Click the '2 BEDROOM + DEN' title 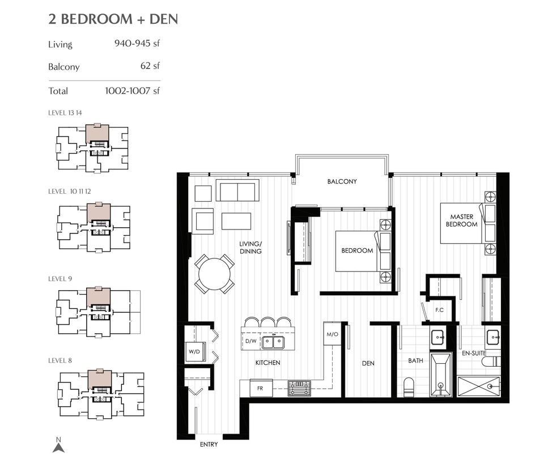pyautogui.click(x=113, y=19)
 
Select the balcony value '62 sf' pyautogui.click(x=150, y=66)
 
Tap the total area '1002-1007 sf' pyautogui.click(x=133, y=91)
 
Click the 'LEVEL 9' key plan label pyautogui.click(x=59, y=279)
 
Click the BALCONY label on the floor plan pyautogui.click(x=342, y=182)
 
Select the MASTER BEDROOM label pyautogui.click(x=464, y=220)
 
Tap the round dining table pyautogui.click(x=215, y=274)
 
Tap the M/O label pyautogui.click(x=332, y=334)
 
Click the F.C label pyautogui.click(x=439, y=310)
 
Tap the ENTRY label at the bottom pyautogui.click(x=209, y=445)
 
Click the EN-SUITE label pyautogui.click(x=474, y=353)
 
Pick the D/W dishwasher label pyautogui.click(x=251, y=341)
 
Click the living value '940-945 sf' pyautogui.click(x=138, y=42)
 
